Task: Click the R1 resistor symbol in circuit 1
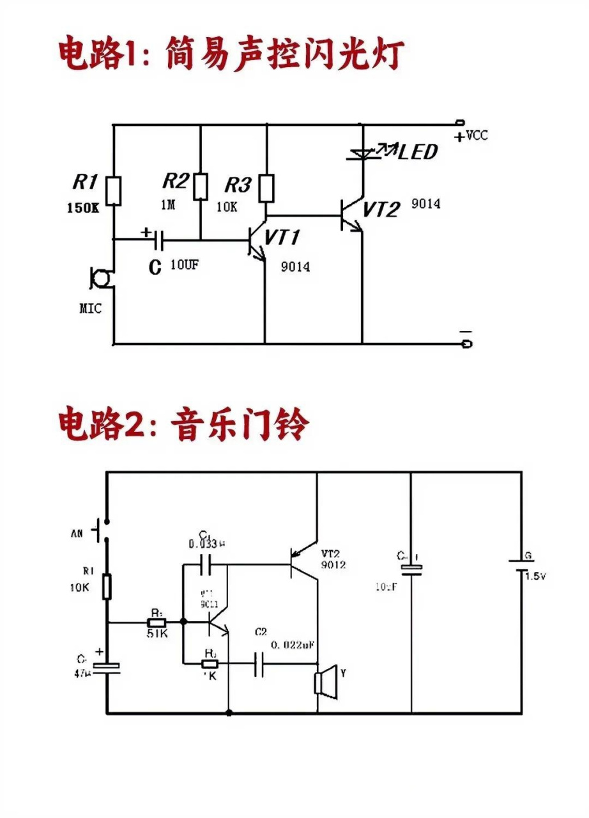(114, 191)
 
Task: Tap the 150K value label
(83, 209)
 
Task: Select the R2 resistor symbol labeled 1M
(201, 186)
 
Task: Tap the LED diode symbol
(362, 153)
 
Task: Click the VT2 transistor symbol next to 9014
(353, 215)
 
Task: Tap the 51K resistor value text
(157, 634)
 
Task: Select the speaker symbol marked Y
(325, 681)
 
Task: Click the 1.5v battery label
(536, 576)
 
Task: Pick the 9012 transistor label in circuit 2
(333, 565)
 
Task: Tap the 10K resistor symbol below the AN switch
(107, 586)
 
